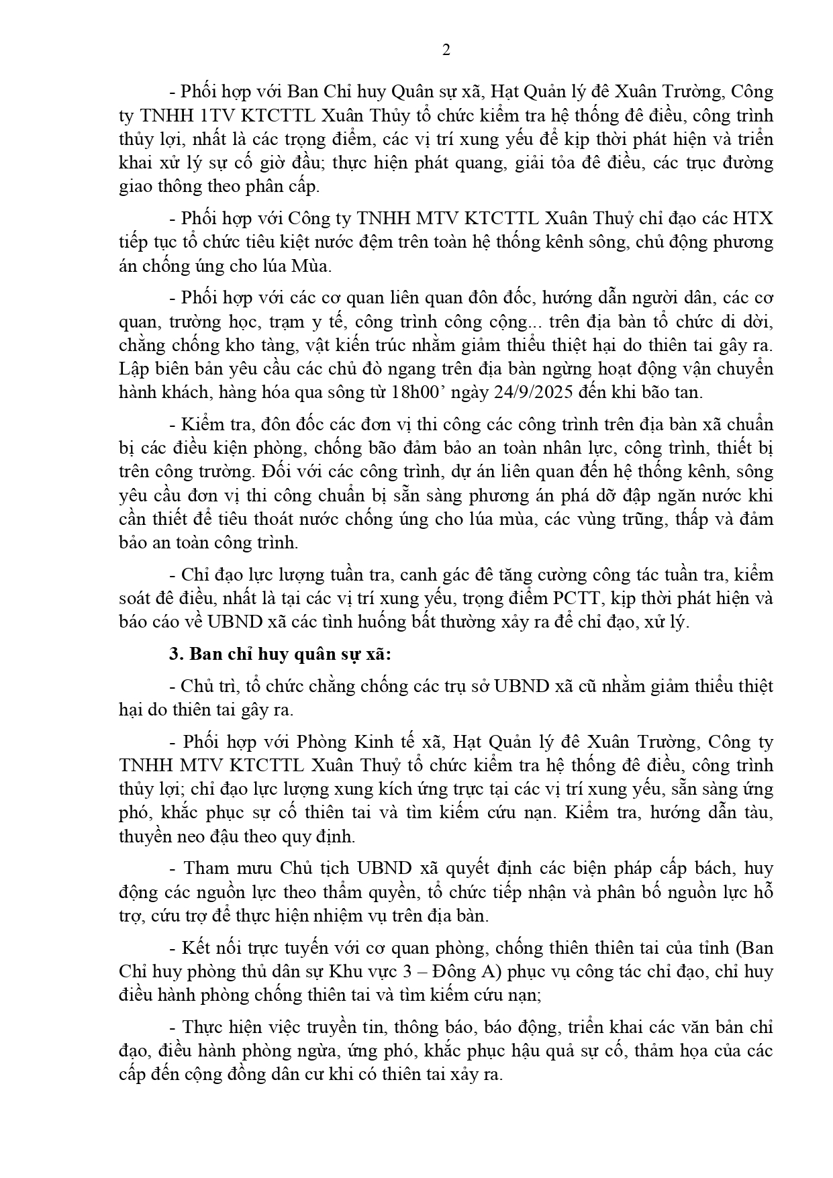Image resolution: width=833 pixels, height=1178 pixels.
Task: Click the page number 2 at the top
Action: pos(446,51)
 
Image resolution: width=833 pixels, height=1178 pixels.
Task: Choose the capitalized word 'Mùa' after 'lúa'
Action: pos(311,266)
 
